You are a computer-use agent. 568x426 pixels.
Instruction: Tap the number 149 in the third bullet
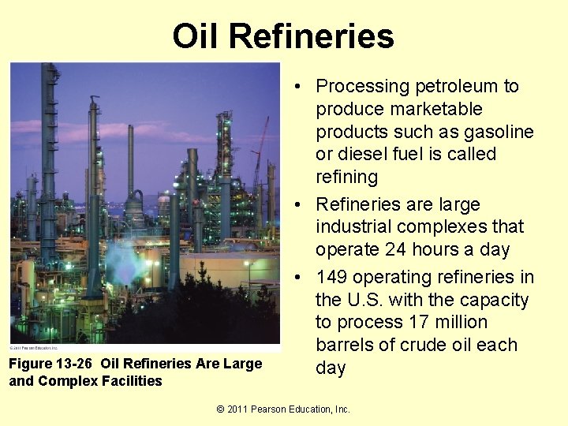click(x=334, y=278)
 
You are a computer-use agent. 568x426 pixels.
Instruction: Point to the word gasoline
click(x=493, y=132)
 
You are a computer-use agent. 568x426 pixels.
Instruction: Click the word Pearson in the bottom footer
click(x=280, y=409)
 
